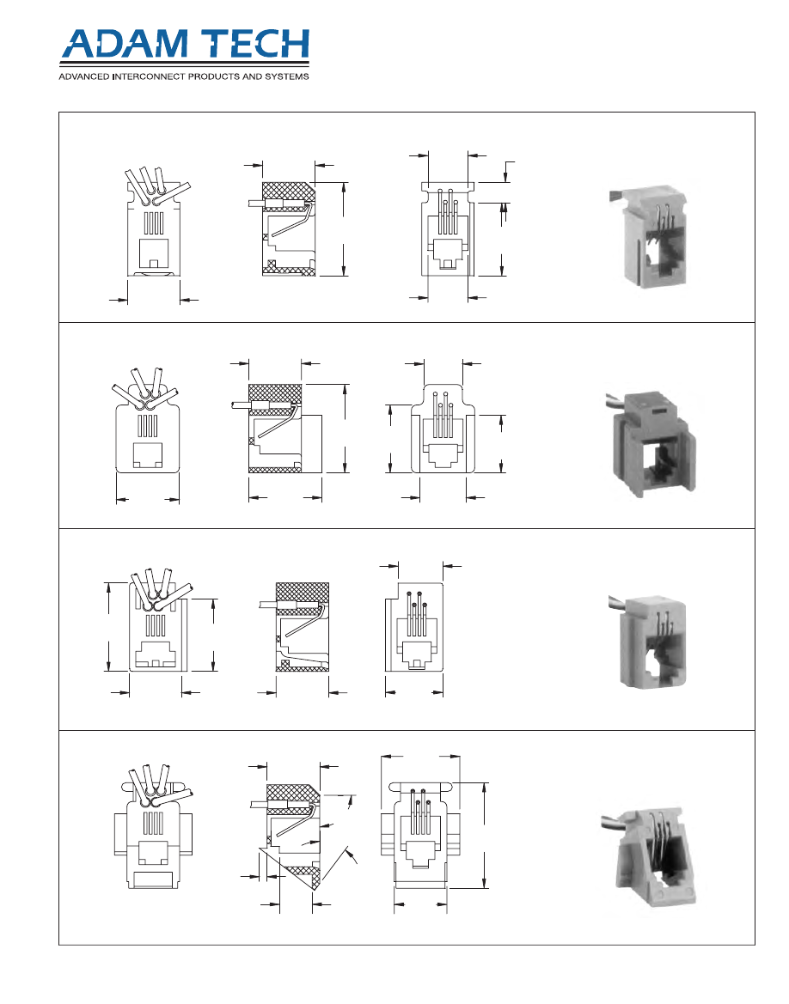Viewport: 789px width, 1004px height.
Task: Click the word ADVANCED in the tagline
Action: tap(83, 76)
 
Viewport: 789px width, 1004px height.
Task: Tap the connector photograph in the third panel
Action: tap(647, 641)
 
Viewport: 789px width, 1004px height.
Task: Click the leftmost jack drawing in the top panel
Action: tap(154, 222)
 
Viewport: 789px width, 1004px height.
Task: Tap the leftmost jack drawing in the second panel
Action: tap(147, 421)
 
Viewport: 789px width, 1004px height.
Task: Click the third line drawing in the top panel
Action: tap(448, 229)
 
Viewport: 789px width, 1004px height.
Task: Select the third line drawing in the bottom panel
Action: tap(420, 835)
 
